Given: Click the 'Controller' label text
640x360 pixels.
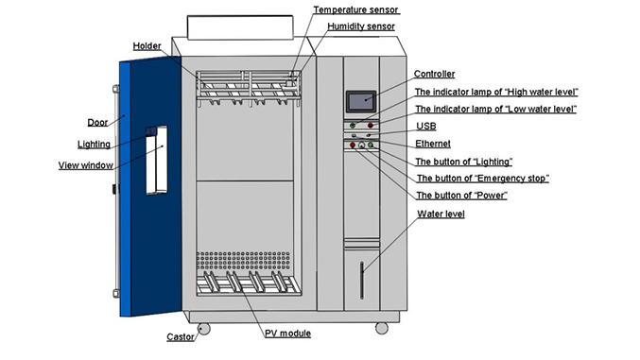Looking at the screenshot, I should pos(435,74).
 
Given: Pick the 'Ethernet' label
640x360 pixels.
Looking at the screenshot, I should pos(434,144).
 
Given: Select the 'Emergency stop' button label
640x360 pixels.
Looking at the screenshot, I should pos(483,178).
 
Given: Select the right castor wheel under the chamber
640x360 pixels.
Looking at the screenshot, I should pos(380,327).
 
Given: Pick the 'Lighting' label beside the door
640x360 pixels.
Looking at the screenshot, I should pos(94,145).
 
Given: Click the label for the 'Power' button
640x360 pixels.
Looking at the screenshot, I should pos(462,195).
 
